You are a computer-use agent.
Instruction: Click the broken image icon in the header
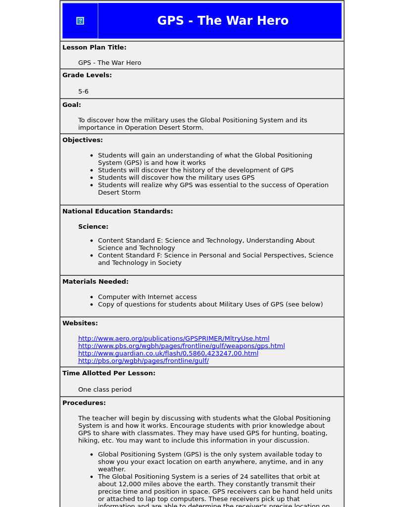[x=80, y=21]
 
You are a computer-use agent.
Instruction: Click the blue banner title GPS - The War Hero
[x=223, y=21]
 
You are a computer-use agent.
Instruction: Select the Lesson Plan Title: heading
[x=94, y=48]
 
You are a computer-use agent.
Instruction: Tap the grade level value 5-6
[x=83, y=92]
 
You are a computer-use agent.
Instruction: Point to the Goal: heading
[x=72, y=105]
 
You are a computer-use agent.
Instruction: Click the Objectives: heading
[x=83, y=140]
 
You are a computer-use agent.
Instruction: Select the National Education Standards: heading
[x=117, y=211]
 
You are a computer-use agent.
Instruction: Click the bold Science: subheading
[x=93, y=227]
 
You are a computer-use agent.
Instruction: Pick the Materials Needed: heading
[x=95, y=282]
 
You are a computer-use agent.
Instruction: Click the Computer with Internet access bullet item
[x=147, y=297]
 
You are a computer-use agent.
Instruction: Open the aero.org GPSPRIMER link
[x=174, y=339]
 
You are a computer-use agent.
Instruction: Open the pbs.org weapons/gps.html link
[x=181, y=346]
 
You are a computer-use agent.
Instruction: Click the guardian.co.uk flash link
[x=168, y=354]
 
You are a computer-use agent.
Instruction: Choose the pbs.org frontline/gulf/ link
[x=143, y=361]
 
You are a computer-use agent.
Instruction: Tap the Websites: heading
[x=80, y=323]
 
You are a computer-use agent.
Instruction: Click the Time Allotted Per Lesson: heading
[x=109, y=373]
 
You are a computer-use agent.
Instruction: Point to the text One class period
[x=105, y=390]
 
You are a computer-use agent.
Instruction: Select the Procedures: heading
[x=84, y=403]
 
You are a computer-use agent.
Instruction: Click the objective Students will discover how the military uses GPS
[x=176, y=178]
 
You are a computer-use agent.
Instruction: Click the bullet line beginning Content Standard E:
[x=206, y=241]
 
